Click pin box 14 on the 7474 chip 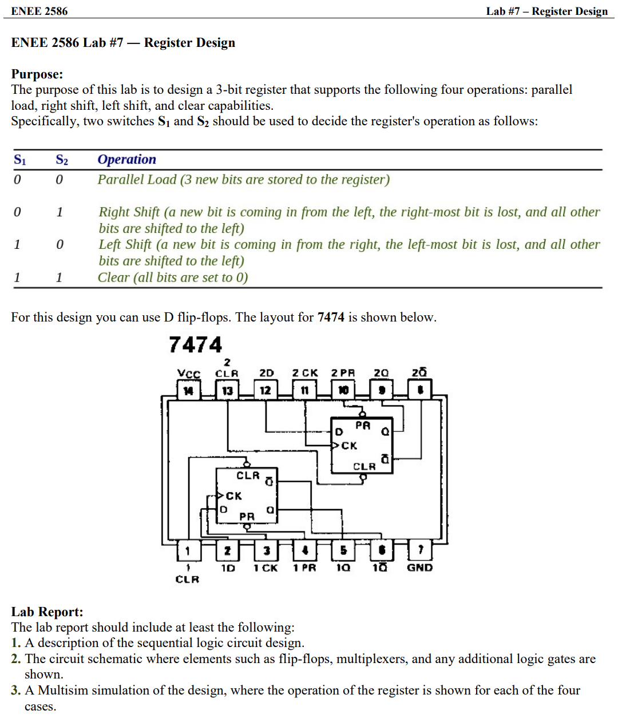(x=188, y=391)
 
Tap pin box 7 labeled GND (x=420, y=550)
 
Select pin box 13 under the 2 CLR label (x=227, y=391)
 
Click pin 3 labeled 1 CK (x=266, y=550)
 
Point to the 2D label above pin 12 (x=266, y=373)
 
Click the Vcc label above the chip (x=188, y=374)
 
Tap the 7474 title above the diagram (x=195, y=345)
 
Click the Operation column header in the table (x=126, y=160)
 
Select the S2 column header (x=61, y=160)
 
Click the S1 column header (x=19, y=160)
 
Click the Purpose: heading (x=37, y=74)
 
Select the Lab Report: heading (x=47, y=612)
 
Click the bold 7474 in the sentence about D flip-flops (x=331, y=318)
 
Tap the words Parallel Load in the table (x=137, y=180)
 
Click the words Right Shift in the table (x=129, y=212)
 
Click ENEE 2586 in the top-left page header (x=39, y=11)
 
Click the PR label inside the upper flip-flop (x=363, y=426)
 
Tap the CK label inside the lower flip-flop (x=233, y=496)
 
